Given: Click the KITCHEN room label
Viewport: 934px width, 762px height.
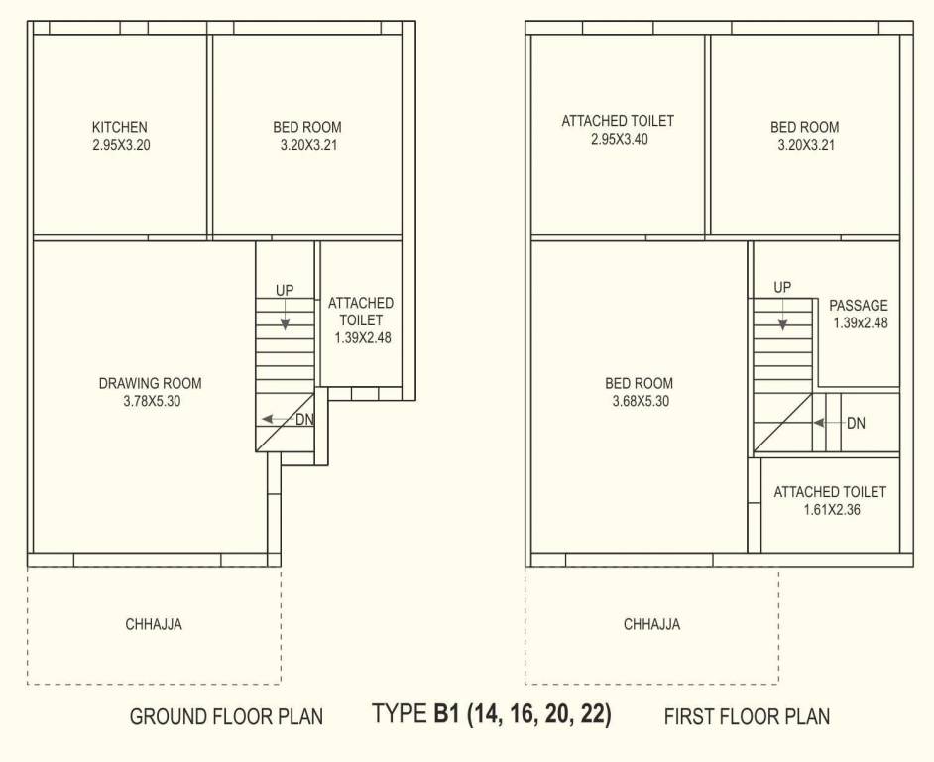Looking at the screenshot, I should pyautogui.click(x=120, y=127).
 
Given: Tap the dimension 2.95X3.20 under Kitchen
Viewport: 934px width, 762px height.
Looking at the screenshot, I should pyautogui.click(x=120, y=145).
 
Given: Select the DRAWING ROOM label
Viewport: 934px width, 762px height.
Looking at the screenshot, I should pyautogui.click(x=150, y=383).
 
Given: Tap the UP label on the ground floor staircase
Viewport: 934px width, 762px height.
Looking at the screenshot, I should pyautogui.click(x=286, y=290).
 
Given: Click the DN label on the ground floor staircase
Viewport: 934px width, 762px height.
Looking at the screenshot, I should pyautogui.click(x=305, y=419).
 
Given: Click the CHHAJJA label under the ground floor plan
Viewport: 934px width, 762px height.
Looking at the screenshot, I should pyautogui.click(x=154, y=625).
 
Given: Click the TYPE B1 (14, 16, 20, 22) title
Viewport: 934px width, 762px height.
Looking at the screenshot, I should pyautogui.click(x=492, y=714).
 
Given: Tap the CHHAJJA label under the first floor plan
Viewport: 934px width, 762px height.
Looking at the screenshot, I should pyautogui.click(x=651, y=625).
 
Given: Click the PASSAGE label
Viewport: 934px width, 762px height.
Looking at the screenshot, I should pyautogui.click(x=859, y=305).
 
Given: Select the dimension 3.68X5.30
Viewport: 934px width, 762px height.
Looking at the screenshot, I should pyautogui.click(x=641, y=402).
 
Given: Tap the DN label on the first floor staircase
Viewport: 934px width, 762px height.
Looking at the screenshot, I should pyautogui.click(x=856, y=423).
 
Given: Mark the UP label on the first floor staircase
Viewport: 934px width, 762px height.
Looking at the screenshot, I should pyautogui.click(x=782, y=288).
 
